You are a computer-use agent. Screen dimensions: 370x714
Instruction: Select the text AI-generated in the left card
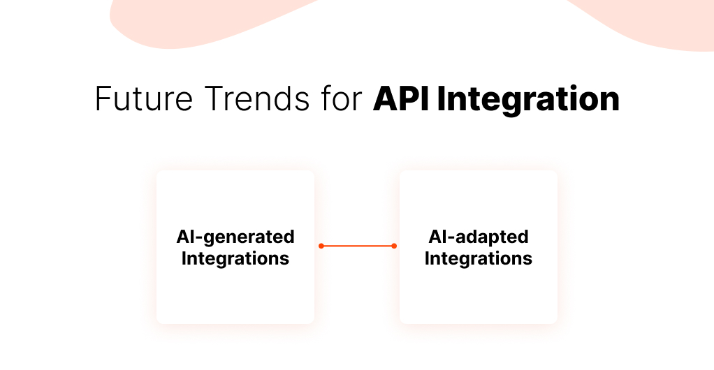tap(235, 237)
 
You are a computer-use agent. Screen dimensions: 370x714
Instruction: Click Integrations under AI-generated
tap(235, 259)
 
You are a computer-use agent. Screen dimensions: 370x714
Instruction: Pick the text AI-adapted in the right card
tap(479, 237)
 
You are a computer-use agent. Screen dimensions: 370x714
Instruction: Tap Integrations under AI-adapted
tap(479, 259)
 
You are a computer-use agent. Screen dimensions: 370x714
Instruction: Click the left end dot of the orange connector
tap(321, 246)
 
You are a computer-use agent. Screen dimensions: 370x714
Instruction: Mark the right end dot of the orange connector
tap(394, 246)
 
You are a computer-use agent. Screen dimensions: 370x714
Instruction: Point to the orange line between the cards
tap(357, 246)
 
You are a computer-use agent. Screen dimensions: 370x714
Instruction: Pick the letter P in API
tap(409, 100)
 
